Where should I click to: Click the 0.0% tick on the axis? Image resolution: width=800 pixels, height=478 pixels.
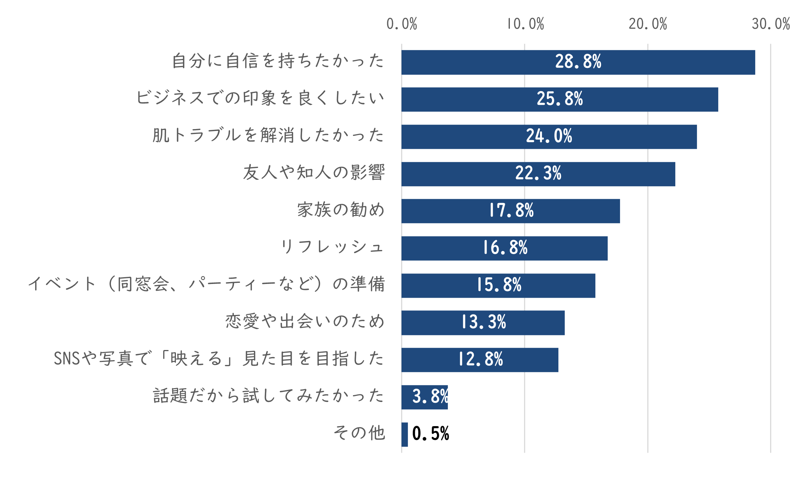[x=401, y=24]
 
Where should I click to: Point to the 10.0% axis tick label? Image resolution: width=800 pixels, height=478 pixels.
[x=525, y=24]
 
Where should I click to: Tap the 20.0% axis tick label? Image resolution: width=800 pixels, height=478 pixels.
[x=648, y=24]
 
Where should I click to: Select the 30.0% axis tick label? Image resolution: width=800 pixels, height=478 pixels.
[x=770, y=24]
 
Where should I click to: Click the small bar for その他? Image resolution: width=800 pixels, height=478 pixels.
[x=404, y=434]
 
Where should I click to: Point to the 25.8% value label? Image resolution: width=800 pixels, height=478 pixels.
[x=559, y=99]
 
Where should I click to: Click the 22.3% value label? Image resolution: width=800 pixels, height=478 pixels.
[x=538, y=174]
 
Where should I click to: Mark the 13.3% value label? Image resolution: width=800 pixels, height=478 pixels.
[x=484, y=322]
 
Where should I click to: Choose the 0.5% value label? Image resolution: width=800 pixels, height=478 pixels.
[x=431, y=434]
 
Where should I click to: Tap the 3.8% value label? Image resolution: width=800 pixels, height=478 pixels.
[x=430, y=397]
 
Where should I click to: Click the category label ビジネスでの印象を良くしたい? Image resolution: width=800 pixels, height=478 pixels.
[x=260, y=98]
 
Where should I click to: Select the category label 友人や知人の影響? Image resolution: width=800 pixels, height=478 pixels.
[x=314, y=173]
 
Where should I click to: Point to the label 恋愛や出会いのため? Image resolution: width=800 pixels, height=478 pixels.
[x=305, y=322]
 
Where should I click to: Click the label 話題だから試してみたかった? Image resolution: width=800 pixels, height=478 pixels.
[x=269, y=396]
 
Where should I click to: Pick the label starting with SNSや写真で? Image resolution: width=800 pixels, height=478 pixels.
[x=219, y=359]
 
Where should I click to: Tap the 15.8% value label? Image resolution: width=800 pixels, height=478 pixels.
[x=499, y=285]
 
